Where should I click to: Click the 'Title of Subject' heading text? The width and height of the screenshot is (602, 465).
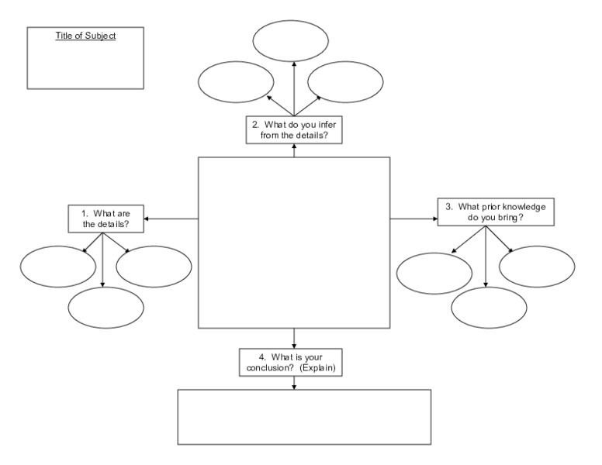point(85,36)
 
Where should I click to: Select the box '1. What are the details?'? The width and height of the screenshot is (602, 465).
point(105,219)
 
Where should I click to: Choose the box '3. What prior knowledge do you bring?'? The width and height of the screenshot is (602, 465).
point(496,212)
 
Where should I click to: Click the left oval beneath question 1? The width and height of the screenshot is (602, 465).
point(57,267)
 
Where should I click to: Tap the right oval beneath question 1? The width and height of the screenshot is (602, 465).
point(154,267)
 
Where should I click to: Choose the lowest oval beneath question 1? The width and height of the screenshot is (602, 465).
point(106,308)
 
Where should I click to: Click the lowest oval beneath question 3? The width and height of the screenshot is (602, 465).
point(489,308)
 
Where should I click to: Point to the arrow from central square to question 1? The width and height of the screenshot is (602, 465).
point(171,219)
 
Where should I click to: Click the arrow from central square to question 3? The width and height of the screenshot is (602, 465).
point(413,219)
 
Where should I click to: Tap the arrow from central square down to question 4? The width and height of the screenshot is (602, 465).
point(294,339)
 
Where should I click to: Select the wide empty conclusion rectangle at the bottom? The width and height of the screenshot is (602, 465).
point(304,417)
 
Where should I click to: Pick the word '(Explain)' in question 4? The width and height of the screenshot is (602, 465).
point(318,368)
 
